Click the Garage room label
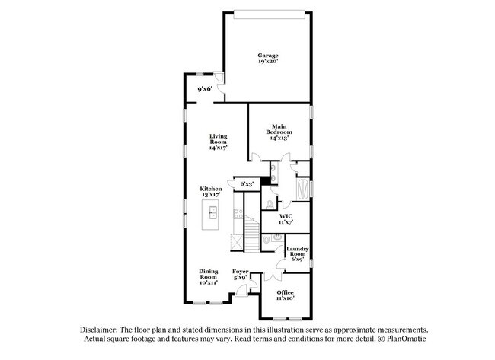(267, 55)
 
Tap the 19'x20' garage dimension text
(267, 62)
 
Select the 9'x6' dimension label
(205, 89)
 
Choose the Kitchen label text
(211, 189)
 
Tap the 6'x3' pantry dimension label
(247, 183)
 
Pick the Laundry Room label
(296, 252)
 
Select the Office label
(285, 292)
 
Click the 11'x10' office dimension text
(285, 298)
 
